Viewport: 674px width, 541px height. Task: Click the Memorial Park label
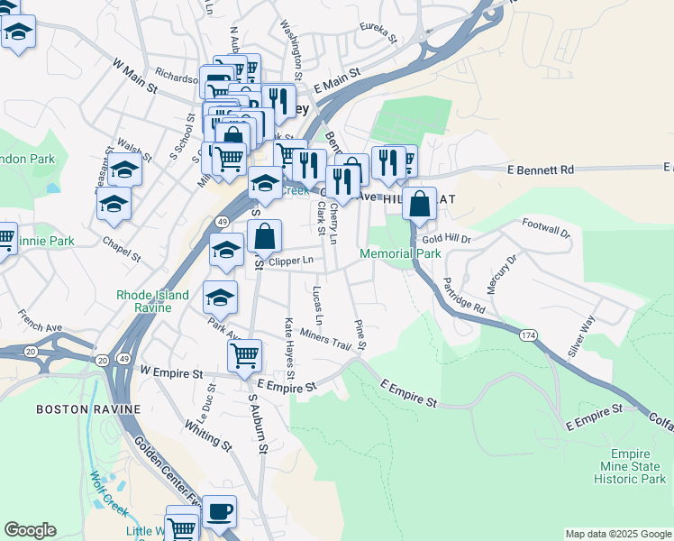coord(400,254)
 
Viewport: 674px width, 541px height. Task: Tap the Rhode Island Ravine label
coord(152,301)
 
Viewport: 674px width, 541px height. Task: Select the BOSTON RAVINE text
coord(88,409)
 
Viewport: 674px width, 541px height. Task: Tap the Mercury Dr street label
coord(502,274)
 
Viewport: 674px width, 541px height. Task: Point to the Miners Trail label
coord(324,340)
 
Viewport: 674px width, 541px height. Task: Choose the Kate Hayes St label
coord(290,347)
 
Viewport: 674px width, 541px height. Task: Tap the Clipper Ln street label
coord(291,261)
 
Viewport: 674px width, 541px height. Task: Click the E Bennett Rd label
coord(541,170)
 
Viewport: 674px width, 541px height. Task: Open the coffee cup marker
coord(219,512)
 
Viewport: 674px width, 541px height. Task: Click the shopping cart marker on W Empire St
coord(244,356)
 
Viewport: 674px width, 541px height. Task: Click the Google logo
coord(30,530)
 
